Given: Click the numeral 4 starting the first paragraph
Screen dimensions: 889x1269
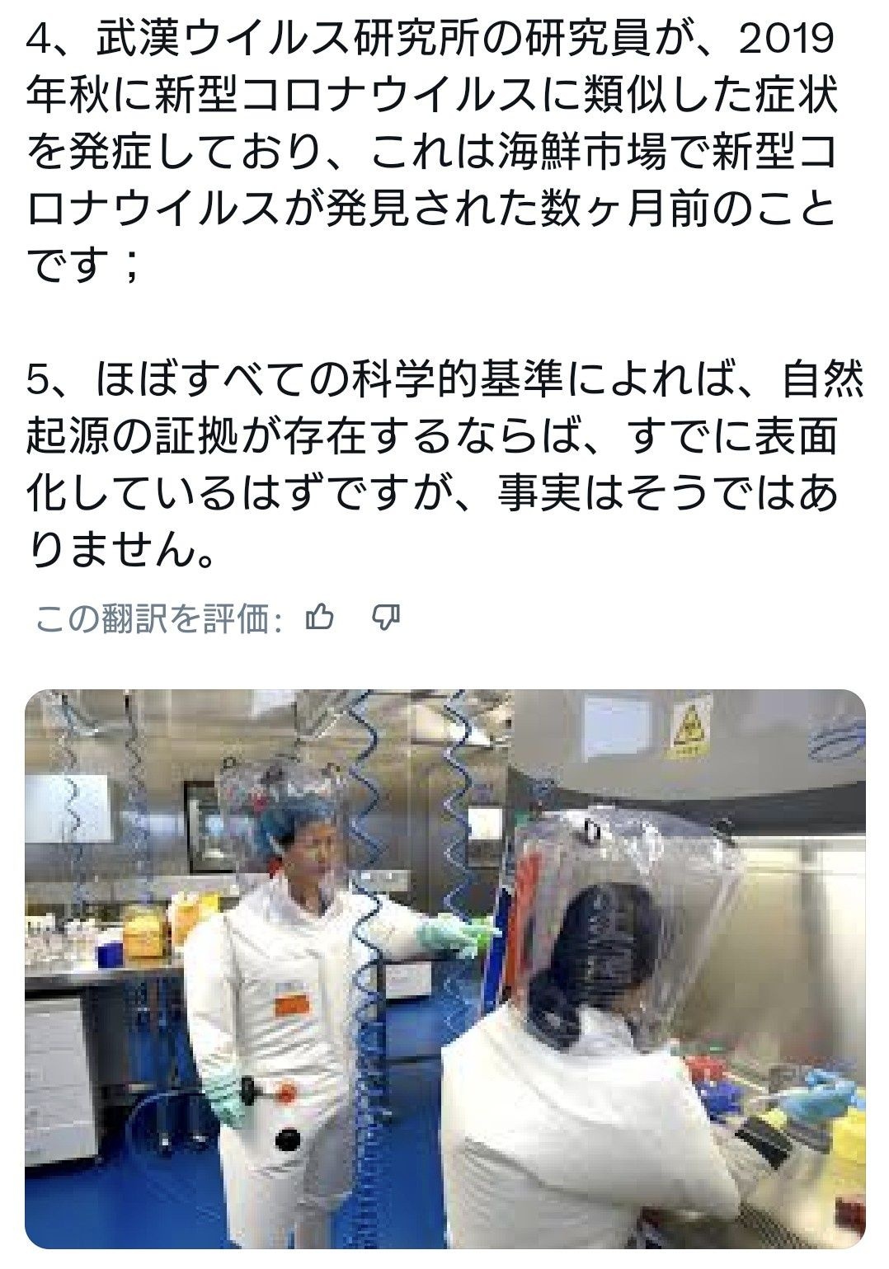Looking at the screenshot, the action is click(36, 40).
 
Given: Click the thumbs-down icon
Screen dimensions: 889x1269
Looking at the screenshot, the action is click(386, 618).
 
